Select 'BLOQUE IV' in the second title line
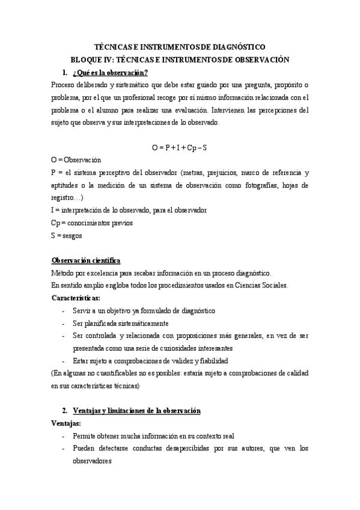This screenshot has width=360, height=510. tap(90, 60)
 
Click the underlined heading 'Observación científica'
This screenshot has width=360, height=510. tap(87, 260)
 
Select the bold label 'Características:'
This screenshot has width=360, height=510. tap(76, 298)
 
